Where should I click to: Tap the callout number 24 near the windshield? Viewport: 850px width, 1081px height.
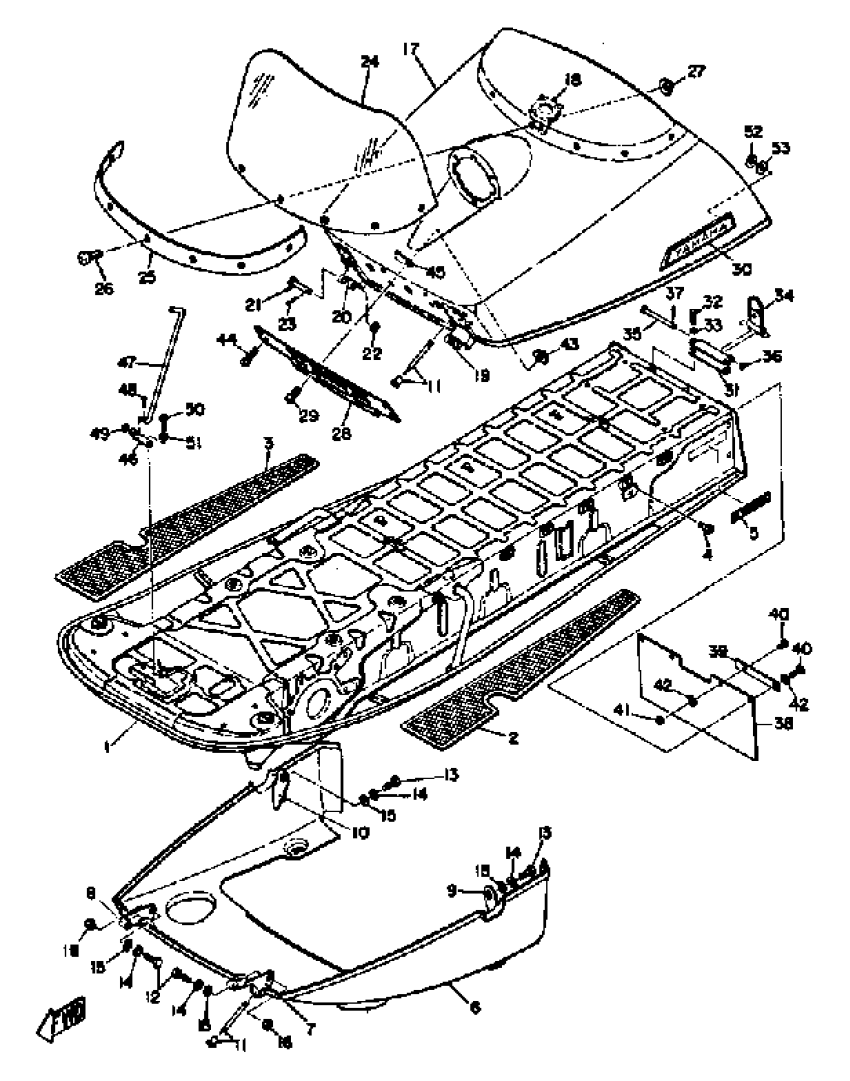tap(370, 62)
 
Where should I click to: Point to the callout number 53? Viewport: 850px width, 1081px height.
tap(779, 148)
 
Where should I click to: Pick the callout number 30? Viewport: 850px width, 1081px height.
tap(742, 269)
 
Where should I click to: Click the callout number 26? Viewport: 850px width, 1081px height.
tap(104, 288)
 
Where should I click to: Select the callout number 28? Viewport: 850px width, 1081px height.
tap(342, 434)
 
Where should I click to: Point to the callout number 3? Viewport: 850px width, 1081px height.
tap(269, 443)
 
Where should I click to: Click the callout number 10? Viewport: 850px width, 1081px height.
tap(360, 833)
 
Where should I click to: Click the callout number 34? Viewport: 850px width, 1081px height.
tap(783, 296)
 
